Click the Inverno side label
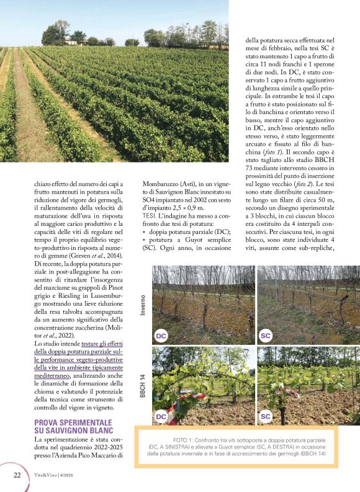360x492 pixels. pyautogui.click(x=142, y=305)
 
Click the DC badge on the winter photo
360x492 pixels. pyautogui.click(x=161, y=336)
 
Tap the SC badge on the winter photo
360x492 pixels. pyautogui.click(x=266, y=336)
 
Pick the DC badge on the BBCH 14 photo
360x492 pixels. pyautogui.click(x=161, y=416)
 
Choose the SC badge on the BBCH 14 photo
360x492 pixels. pyautogui.click(x=266, y=416)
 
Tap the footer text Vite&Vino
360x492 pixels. pyautogui.click(x=47, y=475)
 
